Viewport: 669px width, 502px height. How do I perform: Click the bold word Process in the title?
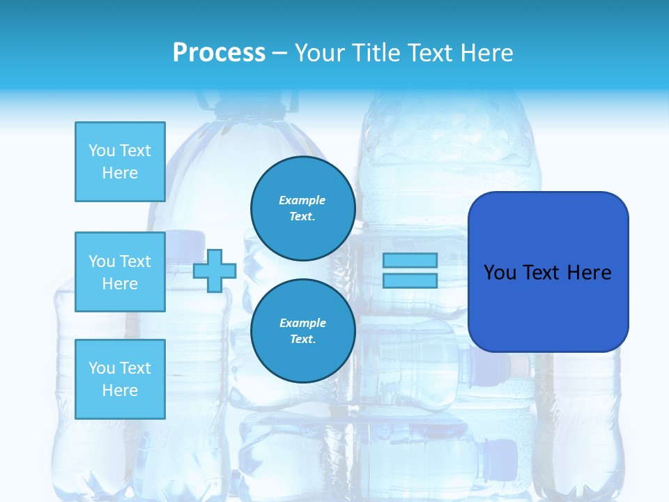coord(219,53)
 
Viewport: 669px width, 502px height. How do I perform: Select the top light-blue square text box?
coord(120,162)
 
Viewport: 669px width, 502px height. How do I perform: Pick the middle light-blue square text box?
coord(120,272)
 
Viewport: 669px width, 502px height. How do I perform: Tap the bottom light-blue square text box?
coord(120,379)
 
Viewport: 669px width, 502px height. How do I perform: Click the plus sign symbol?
coord(215,271)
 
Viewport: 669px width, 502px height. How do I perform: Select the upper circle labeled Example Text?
coord(302,208)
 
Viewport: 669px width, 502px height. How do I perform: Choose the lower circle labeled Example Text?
coord(302,330)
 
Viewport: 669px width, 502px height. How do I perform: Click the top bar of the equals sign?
coord(410,260)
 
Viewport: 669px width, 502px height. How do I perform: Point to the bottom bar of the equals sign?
coord(410,281)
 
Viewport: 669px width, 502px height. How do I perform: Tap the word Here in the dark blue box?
coord(589,273)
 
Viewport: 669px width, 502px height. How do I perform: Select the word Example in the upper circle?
coord(302,200)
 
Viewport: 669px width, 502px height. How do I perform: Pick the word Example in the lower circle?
coord(302,323)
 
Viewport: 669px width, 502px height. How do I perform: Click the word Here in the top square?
coord(120,173)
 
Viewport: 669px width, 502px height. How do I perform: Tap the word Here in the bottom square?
coord(120,390)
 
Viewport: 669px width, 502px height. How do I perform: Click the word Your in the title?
coord(317,53)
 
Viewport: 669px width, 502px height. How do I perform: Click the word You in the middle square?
coord(102,261)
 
